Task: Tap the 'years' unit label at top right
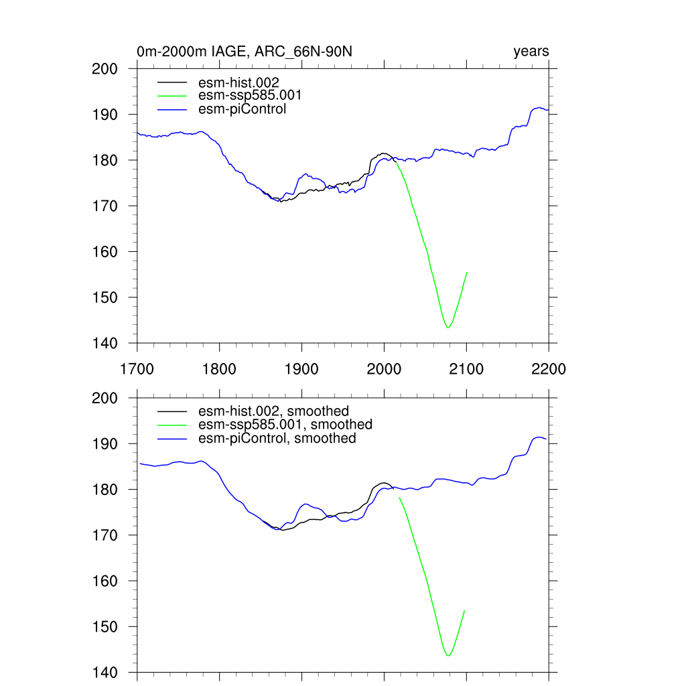coord(531,52)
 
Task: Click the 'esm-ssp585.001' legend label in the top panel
coord(245,96)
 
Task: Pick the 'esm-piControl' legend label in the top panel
coord(242,109)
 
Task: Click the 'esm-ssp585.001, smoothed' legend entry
coord(285,425)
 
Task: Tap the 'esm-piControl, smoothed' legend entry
coord(277,438)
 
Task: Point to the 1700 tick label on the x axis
coord(137,369)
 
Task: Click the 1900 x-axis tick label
coord(301,369)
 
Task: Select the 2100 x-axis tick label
coord(466,369)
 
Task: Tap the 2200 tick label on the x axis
coord(549,369)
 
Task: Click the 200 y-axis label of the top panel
coord(105,69)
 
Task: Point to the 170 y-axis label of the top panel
coord(105,206)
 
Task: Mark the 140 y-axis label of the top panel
coord(105,344)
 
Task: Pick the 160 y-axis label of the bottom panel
coord(105,581)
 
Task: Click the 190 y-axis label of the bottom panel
coord(105,444)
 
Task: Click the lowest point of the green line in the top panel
coord(448,328)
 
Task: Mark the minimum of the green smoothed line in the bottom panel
coord(448,655)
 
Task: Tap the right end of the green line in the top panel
coord(466,272)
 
